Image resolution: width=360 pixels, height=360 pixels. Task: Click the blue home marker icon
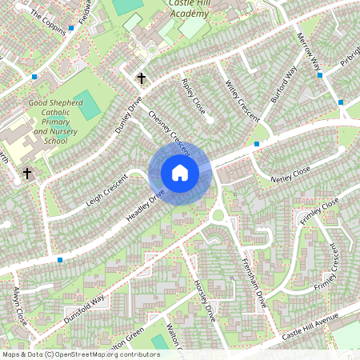tap(180, 173)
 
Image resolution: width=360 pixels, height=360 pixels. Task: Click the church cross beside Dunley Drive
tap(142, 78)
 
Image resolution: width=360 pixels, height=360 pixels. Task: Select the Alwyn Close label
tap(20, 305)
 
